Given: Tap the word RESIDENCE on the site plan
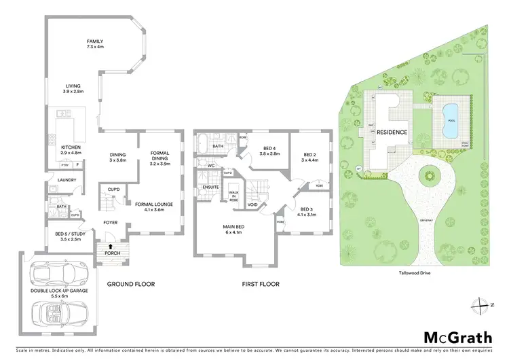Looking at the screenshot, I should pos(392,132).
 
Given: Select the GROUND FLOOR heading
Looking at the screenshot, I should pos(131,284).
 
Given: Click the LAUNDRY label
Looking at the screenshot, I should pos(67,180).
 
